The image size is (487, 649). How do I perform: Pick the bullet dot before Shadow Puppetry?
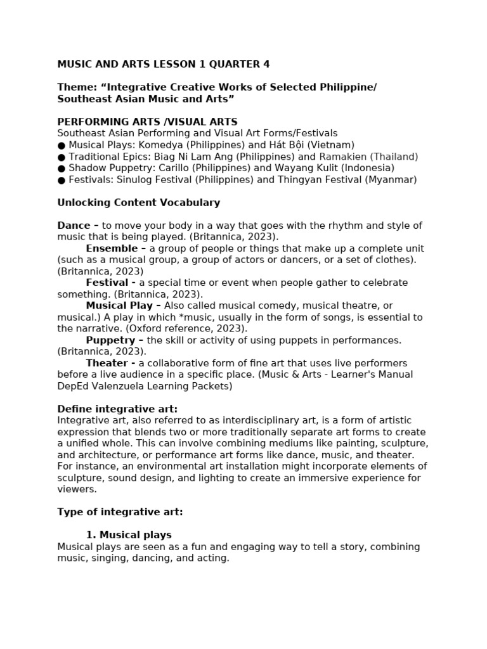tap(62, 168)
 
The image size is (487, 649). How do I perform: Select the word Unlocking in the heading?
tap(82, 203)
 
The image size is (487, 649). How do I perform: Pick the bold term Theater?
tap(107, 363)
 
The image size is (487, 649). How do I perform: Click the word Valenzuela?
tap(119, 386)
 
